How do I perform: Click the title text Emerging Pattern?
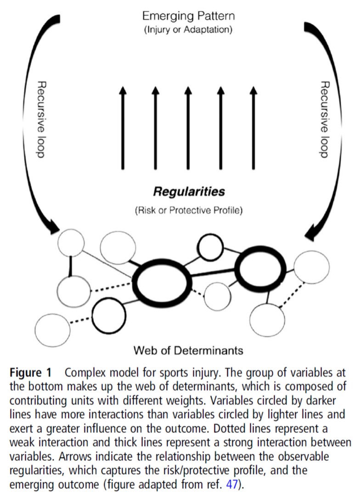coord(188,17)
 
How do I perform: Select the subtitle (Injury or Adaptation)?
coord(188,31)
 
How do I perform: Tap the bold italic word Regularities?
coord(189,190)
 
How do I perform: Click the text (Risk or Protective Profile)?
coord(189,211)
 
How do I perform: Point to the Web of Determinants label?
coord(188,351)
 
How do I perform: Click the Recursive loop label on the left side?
coord(40,120)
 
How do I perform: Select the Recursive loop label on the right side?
coord(325,120)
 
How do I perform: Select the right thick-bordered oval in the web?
coord(260,269)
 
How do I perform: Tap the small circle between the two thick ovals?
coord(217,296)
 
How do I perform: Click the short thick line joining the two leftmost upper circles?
coord(71,266)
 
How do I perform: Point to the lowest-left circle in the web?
coord(52,329)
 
